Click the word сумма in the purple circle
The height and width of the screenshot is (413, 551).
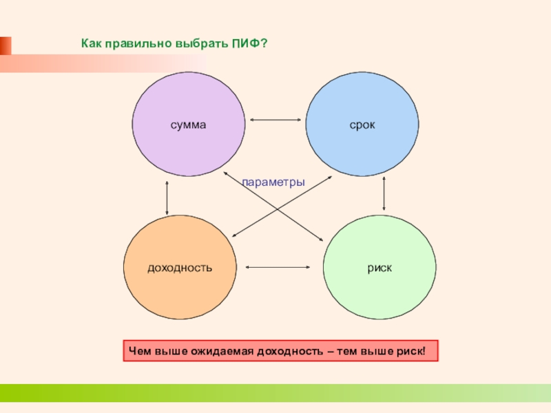(189, 126)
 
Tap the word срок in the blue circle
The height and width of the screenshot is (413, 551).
(362, 126)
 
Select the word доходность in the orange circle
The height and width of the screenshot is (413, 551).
(180, 266)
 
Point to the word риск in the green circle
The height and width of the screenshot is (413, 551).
(380, 266)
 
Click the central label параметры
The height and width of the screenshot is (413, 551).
(273, 182)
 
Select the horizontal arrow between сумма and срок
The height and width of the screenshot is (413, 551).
(275, 120)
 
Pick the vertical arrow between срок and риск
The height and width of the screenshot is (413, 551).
(384, 195)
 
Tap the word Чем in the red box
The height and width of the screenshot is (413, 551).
(138, 352)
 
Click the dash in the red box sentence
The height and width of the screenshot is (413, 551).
(330, 352)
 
